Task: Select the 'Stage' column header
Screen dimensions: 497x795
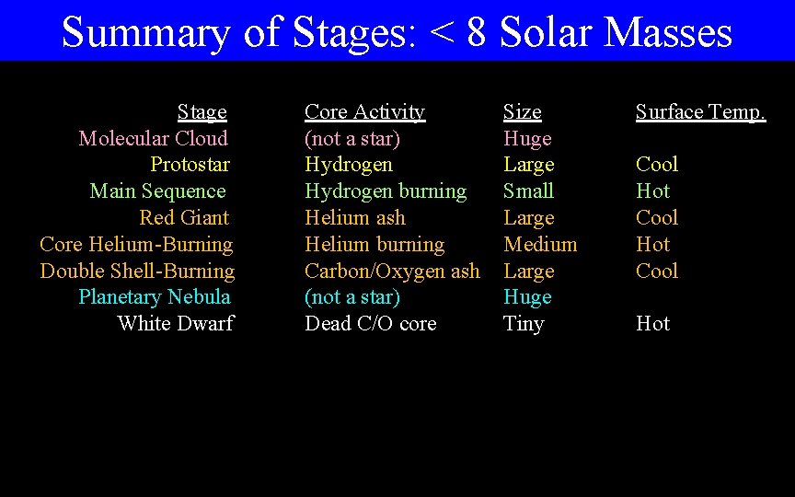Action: pyautogui.click(x=202, y=112)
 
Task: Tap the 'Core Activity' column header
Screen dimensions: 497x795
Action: pyautogui.click(x=364, y=112)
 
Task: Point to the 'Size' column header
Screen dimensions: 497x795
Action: pyautogui.click(x=522, y=112)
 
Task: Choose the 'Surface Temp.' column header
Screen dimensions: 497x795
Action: pyautogui.click(x=700, y=112)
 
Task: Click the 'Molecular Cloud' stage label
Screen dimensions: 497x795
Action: pyautogui.click(x=154, y=139)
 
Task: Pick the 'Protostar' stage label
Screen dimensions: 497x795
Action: pyautogui.click(x=190, y=165)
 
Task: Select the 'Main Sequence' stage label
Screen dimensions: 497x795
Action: pyautogui.click(x=158, y=191)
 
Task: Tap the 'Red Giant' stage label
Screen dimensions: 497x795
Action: pyautogui.click(x=184, y=218)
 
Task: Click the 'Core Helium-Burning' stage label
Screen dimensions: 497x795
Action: pyautogui.click(x=136, y=245)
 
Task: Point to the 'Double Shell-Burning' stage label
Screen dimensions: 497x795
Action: pyautogui.click(x=137, y=272)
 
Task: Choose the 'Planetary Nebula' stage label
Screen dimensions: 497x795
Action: pyautogui.click(x=155, y=297)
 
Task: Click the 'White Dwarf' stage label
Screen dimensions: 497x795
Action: pyautogui.click(x=176, y=324)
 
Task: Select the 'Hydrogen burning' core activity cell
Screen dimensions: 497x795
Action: pyautogui.click(x=386, y=191)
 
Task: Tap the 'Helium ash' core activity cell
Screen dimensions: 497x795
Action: pyautogui.click(x=354, y=218)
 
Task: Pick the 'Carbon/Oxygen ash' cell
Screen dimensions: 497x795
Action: pyautogui.click(x=392, y=272)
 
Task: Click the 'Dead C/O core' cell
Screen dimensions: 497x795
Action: pyautogui.click(x=371, y=324)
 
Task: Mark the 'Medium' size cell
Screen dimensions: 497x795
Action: pyautogui.click(x=540, y=245)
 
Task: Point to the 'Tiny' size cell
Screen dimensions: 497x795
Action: pyautogui.click(x=524, y=324)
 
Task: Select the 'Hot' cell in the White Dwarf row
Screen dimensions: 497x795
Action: pyautogui.click(x=652, y=324)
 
